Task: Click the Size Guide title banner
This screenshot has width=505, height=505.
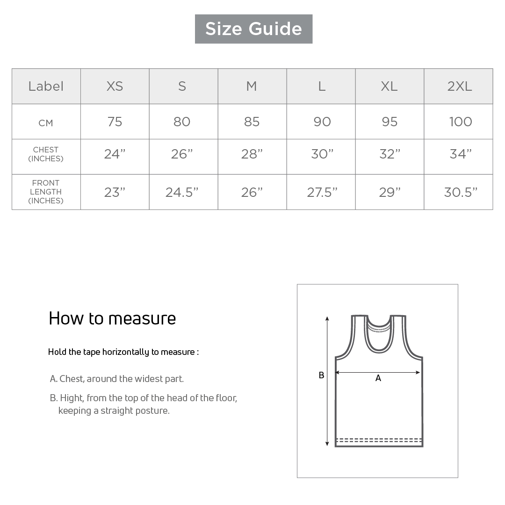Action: [253, 29]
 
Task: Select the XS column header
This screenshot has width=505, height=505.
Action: [115, 87]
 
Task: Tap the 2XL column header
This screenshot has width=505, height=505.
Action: [459, 87]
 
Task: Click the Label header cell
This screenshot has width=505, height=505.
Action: [46, 87]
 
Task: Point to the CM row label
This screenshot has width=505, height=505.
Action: [46, 123]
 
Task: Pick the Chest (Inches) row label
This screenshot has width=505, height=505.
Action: [46, 154]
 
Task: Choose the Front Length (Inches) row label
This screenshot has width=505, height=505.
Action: [46, 192]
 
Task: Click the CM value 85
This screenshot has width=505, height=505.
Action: [252, 122]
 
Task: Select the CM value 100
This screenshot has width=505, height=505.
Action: [460, 122]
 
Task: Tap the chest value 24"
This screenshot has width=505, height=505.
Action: [115, 154]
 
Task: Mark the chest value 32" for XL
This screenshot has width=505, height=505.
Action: [390, 154]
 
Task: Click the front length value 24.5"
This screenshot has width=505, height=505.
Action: [182, 192]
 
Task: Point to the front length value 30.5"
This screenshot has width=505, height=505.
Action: [461, 192]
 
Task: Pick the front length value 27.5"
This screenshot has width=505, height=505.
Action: [322, 192]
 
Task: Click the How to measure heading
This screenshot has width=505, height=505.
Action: [112, 318]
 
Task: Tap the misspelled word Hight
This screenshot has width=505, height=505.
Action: [72, 398]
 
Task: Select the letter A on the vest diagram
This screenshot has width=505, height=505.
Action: [378, 378]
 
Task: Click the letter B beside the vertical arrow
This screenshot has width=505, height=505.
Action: [321, 375]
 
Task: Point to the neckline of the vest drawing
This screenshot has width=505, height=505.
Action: [379, 326]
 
